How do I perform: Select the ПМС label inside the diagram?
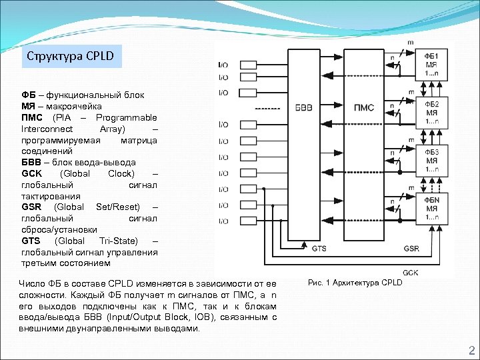364,107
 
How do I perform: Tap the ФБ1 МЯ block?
431,64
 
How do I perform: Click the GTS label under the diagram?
319,248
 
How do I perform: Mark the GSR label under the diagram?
411,248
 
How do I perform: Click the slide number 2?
471,351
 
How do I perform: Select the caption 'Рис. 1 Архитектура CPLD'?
356,283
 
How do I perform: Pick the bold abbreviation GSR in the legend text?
31,207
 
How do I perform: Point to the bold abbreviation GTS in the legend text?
31,241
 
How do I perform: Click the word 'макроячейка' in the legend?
69,106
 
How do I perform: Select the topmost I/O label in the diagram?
223,65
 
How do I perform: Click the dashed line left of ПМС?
267,108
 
